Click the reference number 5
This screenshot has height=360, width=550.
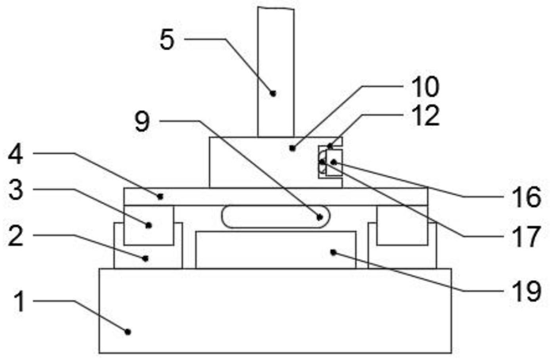coord(167,39)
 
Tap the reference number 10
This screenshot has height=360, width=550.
coord(425,86)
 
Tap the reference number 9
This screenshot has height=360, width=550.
coord(142,121)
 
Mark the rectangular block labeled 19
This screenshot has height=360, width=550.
coord(274,250)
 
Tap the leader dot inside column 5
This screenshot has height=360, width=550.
coord(273,93)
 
